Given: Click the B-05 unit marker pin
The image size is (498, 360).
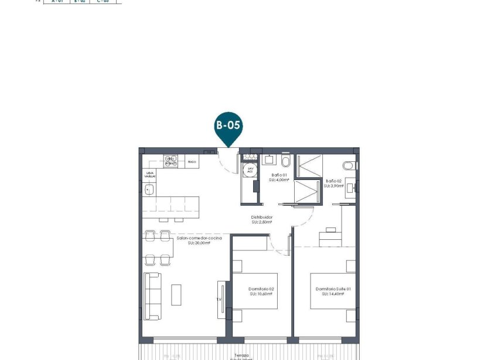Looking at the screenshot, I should pos(228,126).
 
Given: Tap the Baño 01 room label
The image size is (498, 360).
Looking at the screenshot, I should pos(278,175).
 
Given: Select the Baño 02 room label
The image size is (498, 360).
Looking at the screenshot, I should pos(334,181).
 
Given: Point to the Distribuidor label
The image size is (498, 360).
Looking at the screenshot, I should pos(262,217).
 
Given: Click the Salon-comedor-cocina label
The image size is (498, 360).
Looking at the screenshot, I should pos(199,237).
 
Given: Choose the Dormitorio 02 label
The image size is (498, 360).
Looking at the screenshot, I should pos(262,289).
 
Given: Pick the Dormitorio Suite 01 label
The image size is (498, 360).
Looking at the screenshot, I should pos(332,289).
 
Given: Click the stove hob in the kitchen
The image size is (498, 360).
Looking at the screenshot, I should pos(170,161).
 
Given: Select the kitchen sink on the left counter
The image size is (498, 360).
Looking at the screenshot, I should pos(149,189).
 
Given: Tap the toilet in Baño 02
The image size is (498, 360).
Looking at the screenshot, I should pos(350,165).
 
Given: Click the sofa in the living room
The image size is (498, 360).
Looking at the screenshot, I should pos(153,296).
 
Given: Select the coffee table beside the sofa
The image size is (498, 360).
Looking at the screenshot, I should pos(176,294).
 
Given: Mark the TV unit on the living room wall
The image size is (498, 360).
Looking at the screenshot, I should pos(221,299).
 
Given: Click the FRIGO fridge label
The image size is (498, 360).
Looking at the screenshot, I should pos(191,160).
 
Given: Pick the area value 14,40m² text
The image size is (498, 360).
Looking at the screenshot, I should pos(333,294).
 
